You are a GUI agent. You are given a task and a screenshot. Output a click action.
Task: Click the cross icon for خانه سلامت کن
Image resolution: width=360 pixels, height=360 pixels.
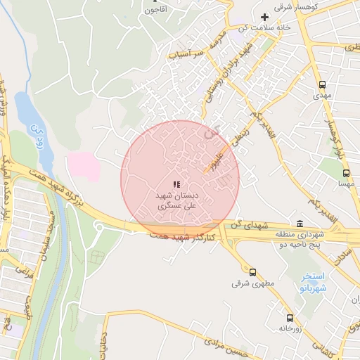coord(265,17)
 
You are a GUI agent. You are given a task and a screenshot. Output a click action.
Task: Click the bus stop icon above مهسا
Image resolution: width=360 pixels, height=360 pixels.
coord(345,172)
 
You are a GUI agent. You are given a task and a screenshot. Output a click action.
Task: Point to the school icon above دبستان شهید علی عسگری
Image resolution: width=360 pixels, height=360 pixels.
coord(176,184)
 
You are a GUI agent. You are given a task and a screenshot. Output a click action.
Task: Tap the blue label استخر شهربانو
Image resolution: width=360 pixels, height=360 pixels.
coord(311,283)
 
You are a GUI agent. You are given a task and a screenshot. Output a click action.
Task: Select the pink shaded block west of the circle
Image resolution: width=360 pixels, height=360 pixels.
coord(83,165)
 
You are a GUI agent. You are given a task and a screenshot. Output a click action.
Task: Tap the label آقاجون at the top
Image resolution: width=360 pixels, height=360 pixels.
coord(153,10)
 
